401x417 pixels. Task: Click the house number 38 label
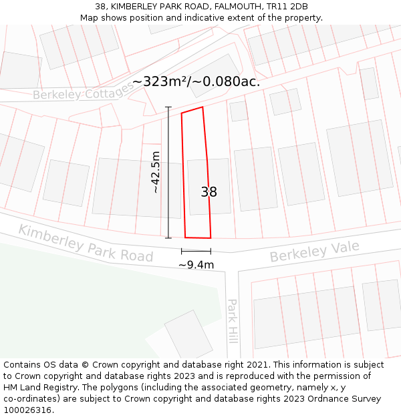pos(209,192)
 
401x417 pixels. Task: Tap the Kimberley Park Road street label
pos(86,243)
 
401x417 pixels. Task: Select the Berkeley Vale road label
pos(314,252)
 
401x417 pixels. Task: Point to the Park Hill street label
pos(232,320)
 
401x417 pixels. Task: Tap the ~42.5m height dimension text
pos(156,172)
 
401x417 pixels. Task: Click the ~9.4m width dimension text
pos(196,265)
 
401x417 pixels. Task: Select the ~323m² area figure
pos(160,81)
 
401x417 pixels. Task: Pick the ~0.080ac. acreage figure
pos(227,81)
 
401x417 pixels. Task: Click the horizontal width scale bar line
pos(196,252)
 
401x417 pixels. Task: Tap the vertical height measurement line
pos(168,172)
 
